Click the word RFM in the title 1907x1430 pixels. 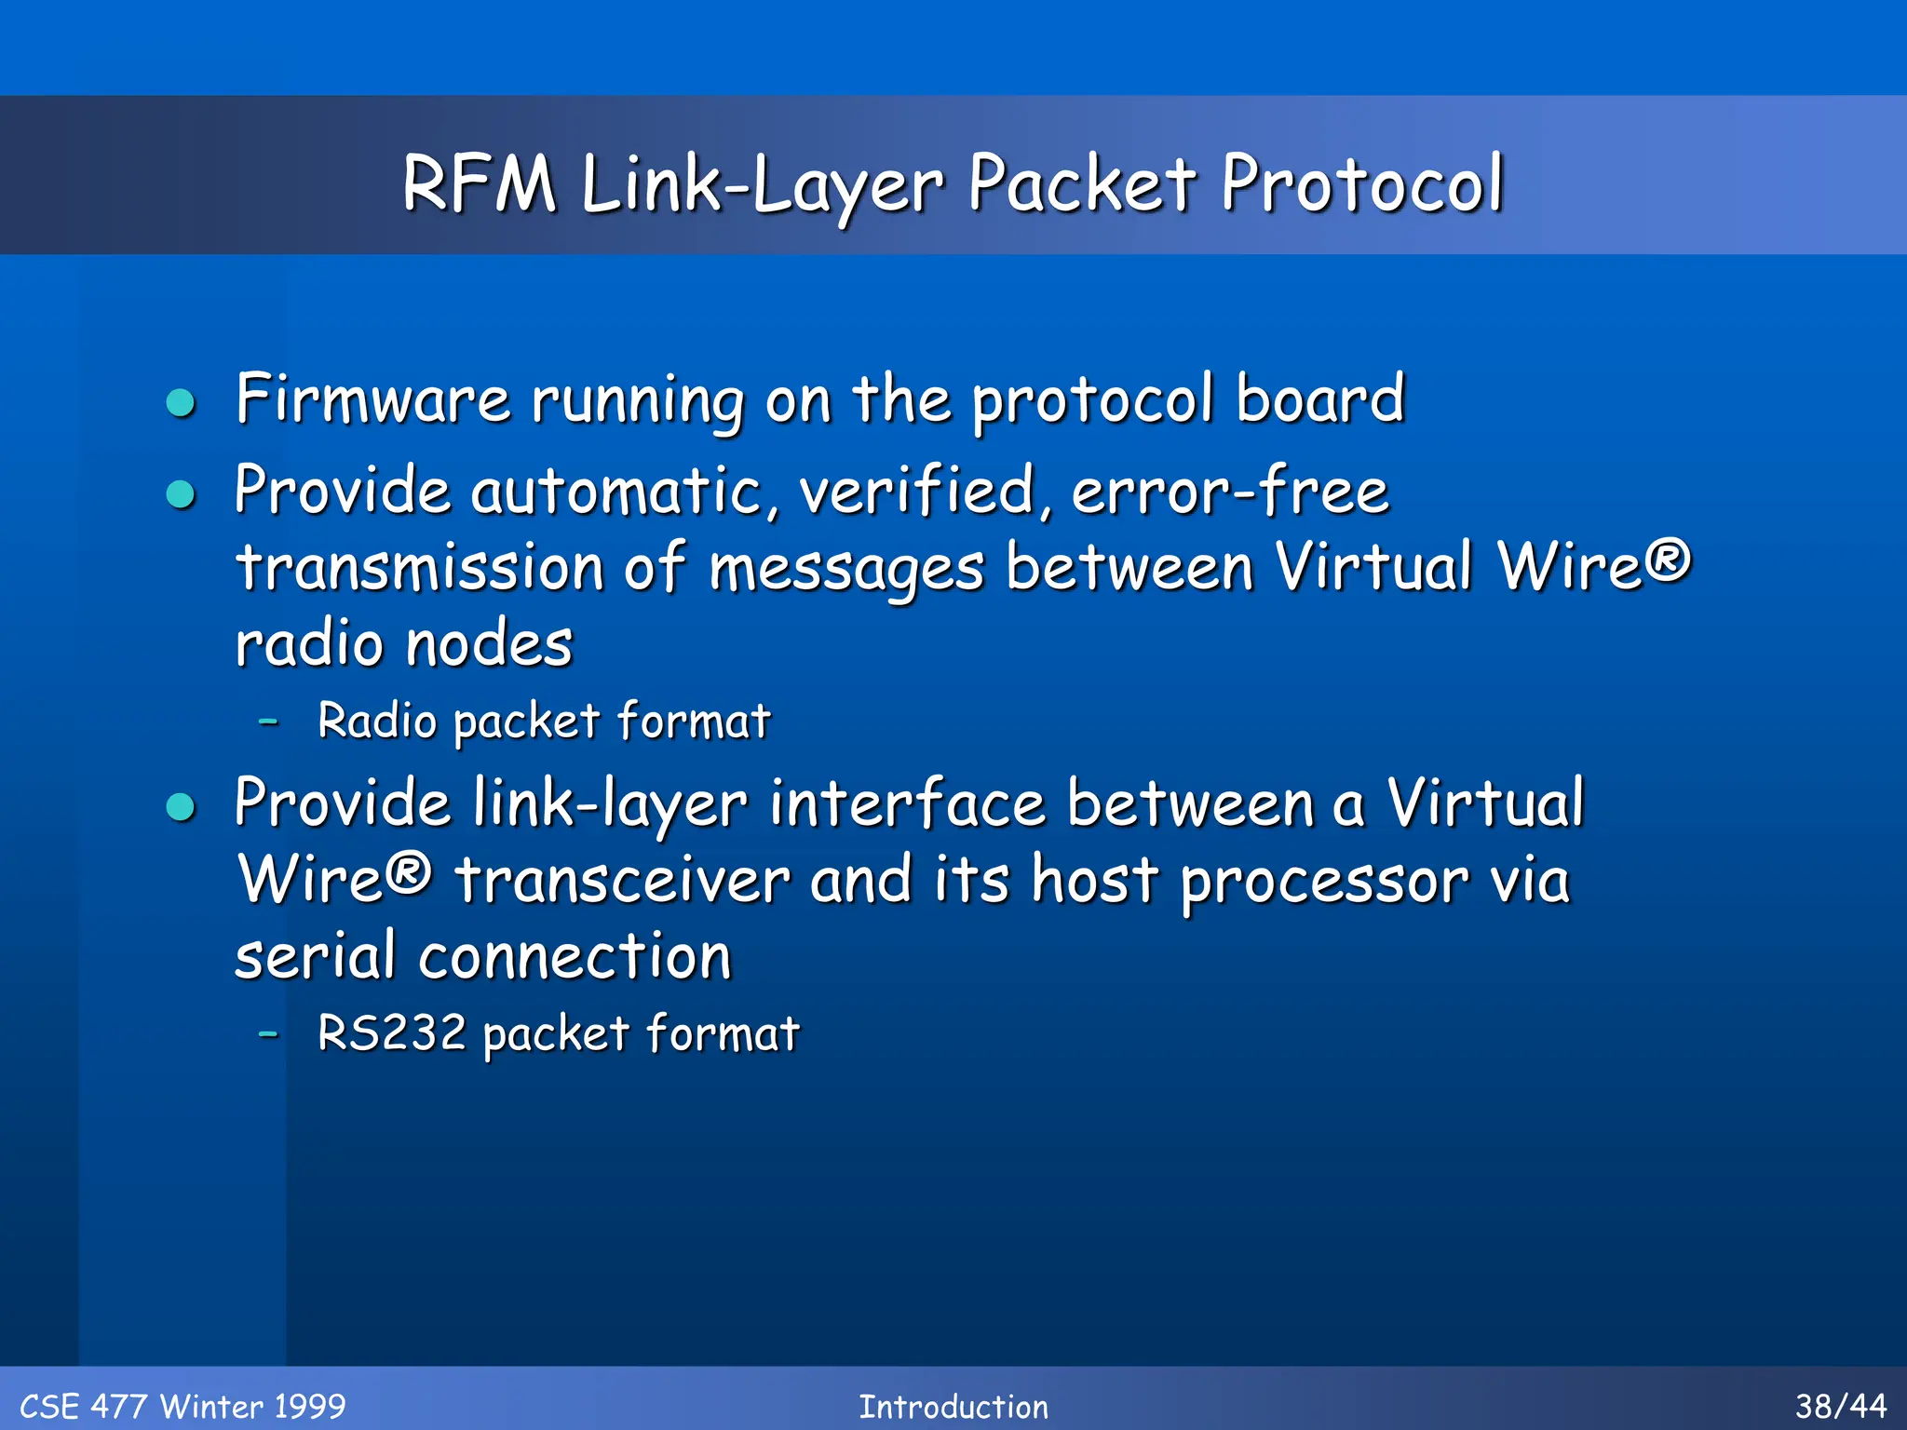479,183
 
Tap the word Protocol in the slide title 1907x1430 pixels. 1361,183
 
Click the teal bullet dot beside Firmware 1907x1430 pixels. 181,403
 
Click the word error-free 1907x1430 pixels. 1230,491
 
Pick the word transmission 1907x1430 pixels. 420,567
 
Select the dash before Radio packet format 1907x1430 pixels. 269,721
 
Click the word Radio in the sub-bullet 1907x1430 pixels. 377,721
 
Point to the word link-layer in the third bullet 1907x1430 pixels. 610,803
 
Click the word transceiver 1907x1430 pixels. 622,880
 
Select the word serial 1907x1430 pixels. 316,956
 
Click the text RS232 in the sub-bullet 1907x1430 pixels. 392,1032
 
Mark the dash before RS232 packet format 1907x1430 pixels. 269,1033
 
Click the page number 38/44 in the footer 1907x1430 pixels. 1840,1406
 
